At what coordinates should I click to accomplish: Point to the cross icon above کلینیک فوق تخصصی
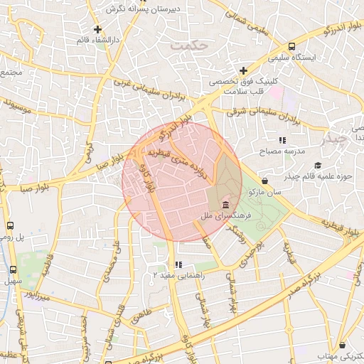coord(244,70)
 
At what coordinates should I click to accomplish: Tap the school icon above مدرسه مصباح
coord(282,140)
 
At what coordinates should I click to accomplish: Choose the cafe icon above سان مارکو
coord(264,181)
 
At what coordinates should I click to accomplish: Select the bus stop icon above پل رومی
coord(10,225)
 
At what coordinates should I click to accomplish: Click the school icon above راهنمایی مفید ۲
coord(178,264)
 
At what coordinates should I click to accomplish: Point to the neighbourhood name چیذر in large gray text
coord(336,137)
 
